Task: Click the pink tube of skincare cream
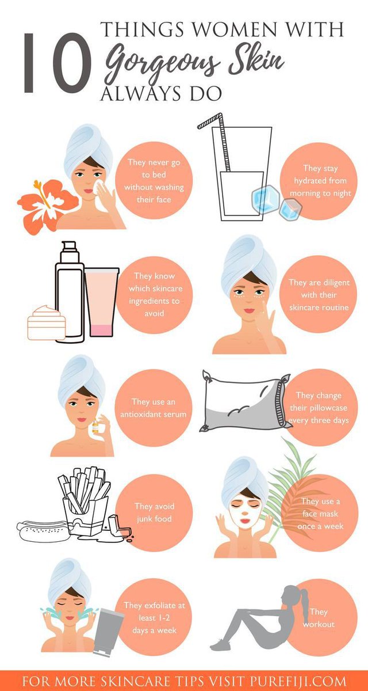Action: click(x=102, y=303)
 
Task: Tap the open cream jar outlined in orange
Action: click(x=47, y=323)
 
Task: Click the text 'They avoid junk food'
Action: click(x=154, y=512)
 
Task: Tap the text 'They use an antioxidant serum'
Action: click(x=154, y=408)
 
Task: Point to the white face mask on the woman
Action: click(x=244, y=510)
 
